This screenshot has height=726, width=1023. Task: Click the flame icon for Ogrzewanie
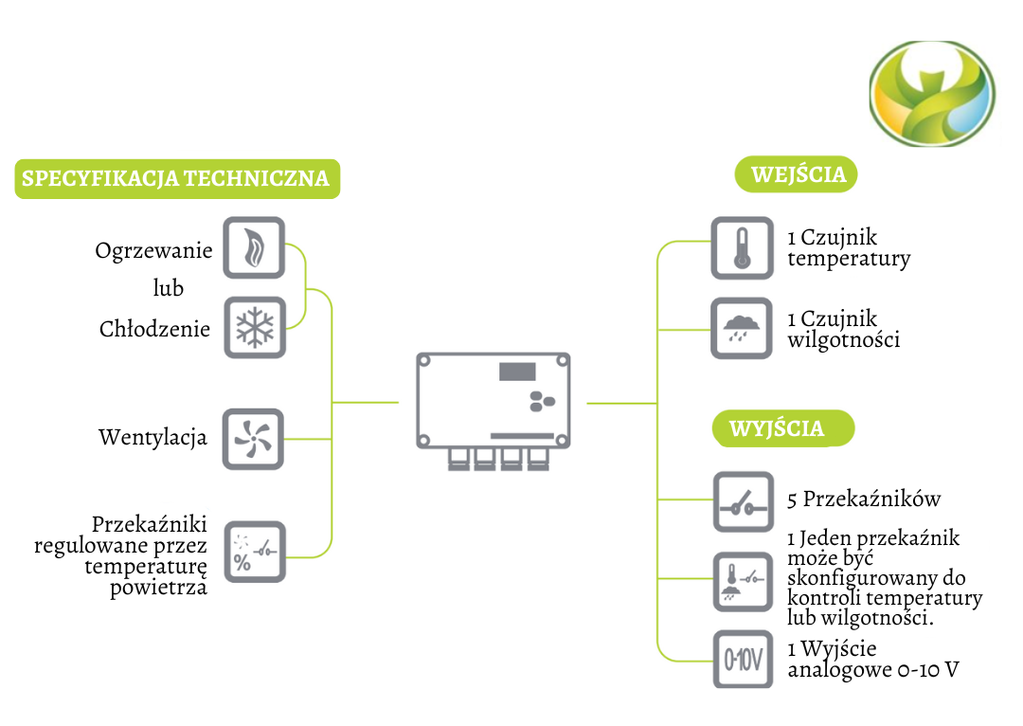tap(254, 247)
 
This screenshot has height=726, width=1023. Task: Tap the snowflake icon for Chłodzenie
tap(254, 328)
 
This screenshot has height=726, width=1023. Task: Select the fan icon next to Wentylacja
tap(254, 438)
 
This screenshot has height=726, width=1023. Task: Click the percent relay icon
tap(254, 552)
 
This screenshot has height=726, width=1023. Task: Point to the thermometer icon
tap(742, 248)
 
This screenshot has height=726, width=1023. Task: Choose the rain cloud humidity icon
tap(742, 329)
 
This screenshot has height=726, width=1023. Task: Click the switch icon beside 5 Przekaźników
tap(742, 500)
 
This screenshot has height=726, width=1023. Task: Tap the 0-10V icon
tap(742, 660)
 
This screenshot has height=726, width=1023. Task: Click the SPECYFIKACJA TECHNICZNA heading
tap(176, 178)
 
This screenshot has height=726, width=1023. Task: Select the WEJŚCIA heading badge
tap(797, 175)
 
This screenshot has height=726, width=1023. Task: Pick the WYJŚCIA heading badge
tap(782, 428)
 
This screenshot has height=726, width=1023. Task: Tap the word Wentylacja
tap(153, 438)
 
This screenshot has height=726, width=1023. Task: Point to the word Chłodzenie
tap(154, 329)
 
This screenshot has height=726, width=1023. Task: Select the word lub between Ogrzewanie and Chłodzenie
tap(168, 287)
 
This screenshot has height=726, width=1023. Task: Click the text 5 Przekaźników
tap(864, 499)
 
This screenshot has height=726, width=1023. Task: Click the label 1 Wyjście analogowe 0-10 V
tap(872, 660)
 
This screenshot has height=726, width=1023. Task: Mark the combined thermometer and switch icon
tap(742, 580)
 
